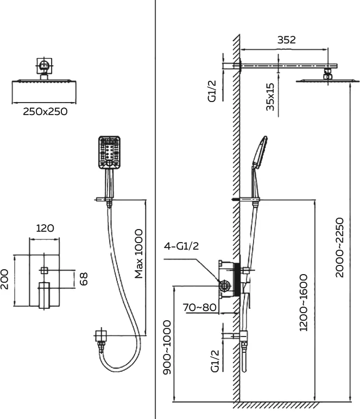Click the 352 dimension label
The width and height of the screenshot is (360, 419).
[x=287, y=40]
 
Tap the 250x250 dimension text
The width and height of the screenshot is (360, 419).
[x=45, y=111]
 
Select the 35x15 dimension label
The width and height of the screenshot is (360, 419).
[x=270, y=97]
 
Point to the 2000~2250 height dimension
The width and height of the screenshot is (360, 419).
[x=339, y=247]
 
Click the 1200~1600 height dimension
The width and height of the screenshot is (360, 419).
[x=304, y=302]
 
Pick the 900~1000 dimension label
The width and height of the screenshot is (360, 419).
[x=167, y=347]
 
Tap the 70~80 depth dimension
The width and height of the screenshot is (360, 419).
[x=199, y=307]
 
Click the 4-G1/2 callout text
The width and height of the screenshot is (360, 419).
[x=181, y=246]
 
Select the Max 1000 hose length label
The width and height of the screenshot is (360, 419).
[x=138, y=253]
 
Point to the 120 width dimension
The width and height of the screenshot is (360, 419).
[x=45, y=228]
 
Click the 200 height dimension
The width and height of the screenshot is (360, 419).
[x=4, y=280]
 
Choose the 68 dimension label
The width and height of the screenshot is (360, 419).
[x=84, y=279]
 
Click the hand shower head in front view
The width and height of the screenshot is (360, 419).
[x=109, y=153]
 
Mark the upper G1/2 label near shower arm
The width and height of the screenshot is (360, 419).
[x=212, y=91]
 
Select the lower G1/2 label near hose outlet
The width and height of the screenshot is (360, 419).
[x=215, y=361]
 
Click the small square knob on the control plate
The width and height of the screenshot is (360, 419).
[x=44, y=270]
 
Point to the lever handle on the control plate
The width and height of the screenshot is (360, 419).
[x=44, y=295]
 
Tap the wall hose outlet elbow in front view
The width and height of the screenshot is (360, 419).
[x=101, y=336]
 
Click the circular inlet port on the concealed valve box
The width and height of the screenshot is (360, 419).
[x=224, y=286]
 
